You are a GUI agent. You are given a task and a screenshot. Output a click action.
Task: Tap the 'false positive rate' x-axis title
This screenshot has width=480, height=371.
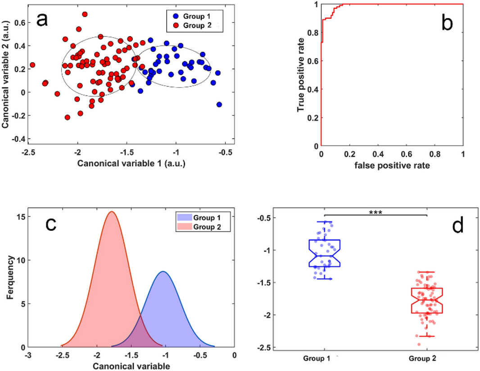click(x=391, y=165)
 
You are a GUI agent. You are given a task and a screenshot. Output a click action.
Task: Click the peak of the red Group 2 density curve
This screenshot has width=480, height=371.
click(x=111, y=212)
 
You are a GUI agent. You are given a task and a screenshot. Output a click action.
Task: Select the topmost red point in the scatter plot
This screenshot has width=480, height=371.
click(x=85, y=14)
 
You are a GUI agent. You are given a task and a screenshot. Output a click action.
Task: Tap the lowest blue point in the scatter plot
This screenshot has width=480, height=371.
click(x=219, y=104)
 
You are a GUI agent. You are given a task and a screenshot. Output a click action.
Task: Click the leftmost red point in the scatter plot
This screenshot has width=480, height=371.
click(x=32, y=65)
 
